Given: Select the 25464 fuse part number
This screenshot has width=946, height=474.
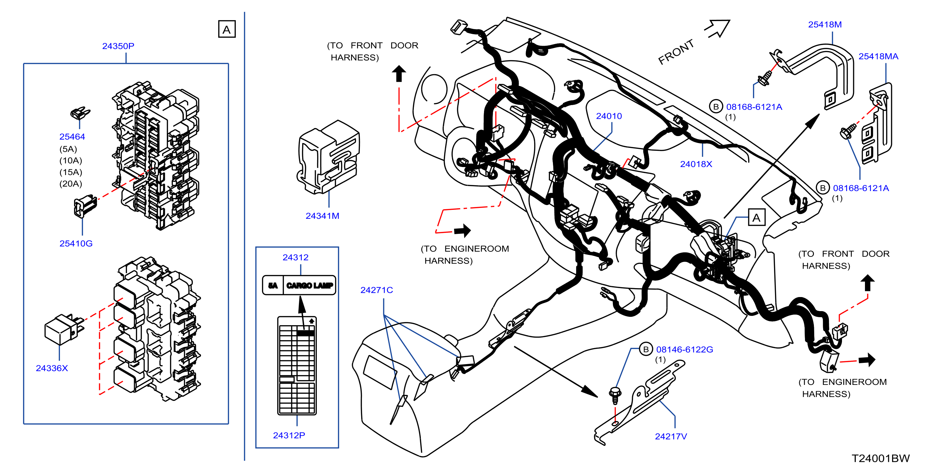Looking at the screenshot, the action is tap(72, 136).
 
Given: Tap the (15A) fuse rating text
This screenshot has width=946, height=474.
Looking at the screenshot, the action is tap(71, 172).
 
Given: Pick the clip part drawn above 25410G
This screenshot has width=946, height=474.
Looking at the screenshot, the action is tap(85, 206).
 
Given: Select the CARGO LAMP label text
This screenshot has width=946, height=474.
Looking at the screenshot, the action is tap(309, 285).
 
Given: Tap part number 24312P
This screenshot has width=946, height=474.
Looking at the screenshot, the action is tap(289, 435).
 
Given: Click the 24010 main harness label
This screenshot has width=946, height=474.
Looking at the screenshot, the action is tap(608, 116).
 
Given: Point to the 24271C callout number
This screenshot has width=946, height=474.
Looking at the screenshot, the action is tap(376, 290).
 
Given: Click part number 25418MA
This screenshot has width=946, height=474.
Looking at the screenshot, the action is tap(878, 56).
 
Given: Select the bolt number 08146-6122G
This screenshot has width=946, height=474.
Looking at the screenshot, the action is tap(684, 349).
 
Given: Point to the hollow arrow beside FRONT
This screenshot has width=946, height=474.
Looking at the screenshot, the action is tap(717, 29).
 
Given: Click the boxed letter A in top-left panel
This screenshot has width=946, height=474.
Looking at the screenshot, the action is tap(227, 29).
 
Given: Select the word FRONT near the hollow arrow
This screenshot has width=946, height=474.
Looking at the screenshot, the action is tap(676, 52).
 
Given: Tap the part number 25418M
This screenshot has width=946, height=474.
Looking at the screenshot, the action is tap(824, 24).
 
